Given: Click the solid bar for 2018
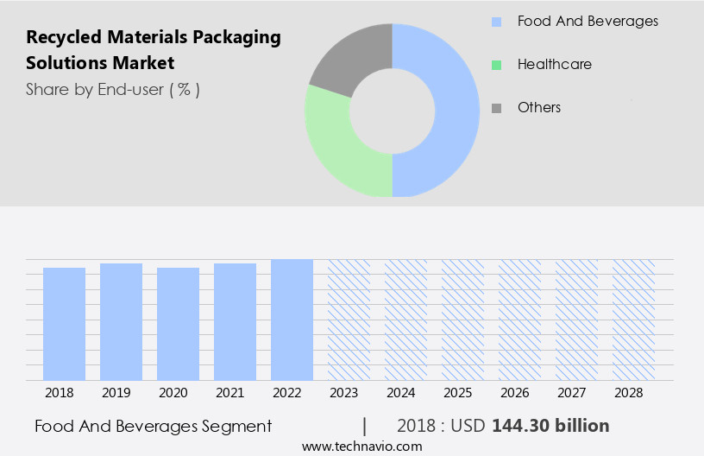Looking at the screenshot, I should click(64, 324).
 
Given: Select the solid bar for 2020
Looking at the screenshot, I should click(178, 324).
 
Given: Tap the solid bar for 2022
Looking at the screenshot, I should click(292, 320).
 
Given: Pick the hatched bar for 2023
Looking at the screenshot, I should click(349, 320).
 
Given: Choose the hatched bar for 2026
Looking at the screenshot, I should click(519, 320).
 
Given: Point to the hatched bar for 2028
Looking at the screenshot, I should click(633, 320).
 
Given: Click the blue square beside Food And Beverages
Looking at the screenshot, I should click(496, 21).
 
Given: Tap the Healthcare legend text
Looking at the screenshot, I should click(554, 64).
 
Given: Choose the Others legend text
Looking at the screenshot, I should click(538, 107).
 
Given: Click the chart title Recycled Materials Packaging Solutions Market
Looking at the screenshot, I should click(154, 49).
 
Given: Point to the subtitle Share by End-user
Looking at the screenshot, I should click(112, 89).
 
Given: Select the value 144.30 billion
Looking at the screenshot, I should click(550, 426).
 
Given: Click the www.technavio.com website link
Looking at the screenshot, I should click(361, 446).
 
